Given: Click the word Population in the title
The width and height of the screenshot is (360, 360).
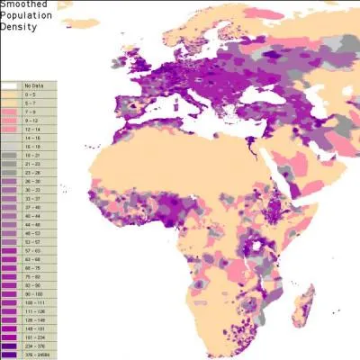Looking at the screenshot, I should click(x=26, y=17).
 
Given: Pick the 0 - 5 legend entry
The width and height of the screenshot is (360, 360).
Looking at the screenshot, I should click(x=31, y=93).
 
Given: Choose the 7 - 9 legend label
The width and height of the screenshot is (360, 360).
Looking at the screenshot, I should click(x=31, y=111).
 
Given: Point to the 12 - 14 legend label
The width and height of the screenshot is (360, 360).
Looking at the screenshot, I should click(x=32, y=129).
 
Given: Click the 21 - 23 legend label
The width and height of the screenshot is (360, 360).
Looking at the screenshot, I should click(x=32, y=164).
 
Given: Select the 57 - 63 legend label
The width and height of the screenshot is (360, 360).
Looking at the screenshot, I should click(x=32, y=251).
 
